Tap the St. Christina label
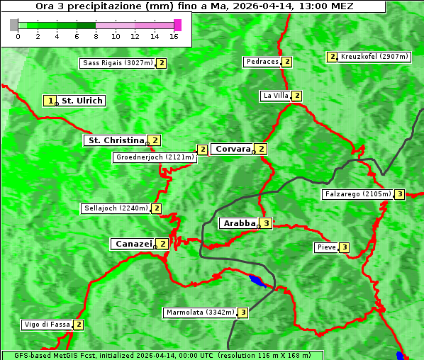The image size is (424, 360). (115, 140)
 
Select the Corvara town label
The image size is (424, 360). (233, 149)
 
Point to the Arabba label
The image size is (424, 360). (239, 223)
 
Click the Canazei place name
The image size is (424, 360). (133, 244)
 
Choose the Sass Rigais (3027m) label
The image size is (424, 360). (117, 63)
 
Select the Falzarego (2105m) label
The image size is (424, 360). (357, 194)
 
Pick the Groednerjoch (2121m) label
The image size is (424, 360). (155, 157)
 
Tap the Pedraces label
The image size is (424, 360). (262, 62)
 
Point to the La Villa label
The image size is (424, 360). (275, 96)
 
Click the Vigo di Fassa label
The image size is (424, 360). (47, 325)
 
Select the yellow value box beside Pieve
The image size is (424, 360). (344, 247)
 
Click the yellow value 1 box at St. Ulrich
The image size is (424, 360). (50, 101)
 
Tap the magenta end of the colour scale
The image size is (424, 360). (177, 25)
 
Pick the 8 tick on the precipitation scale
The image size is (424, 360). (96, 36)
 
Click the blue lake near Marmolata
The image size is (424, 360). (257, 281)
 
